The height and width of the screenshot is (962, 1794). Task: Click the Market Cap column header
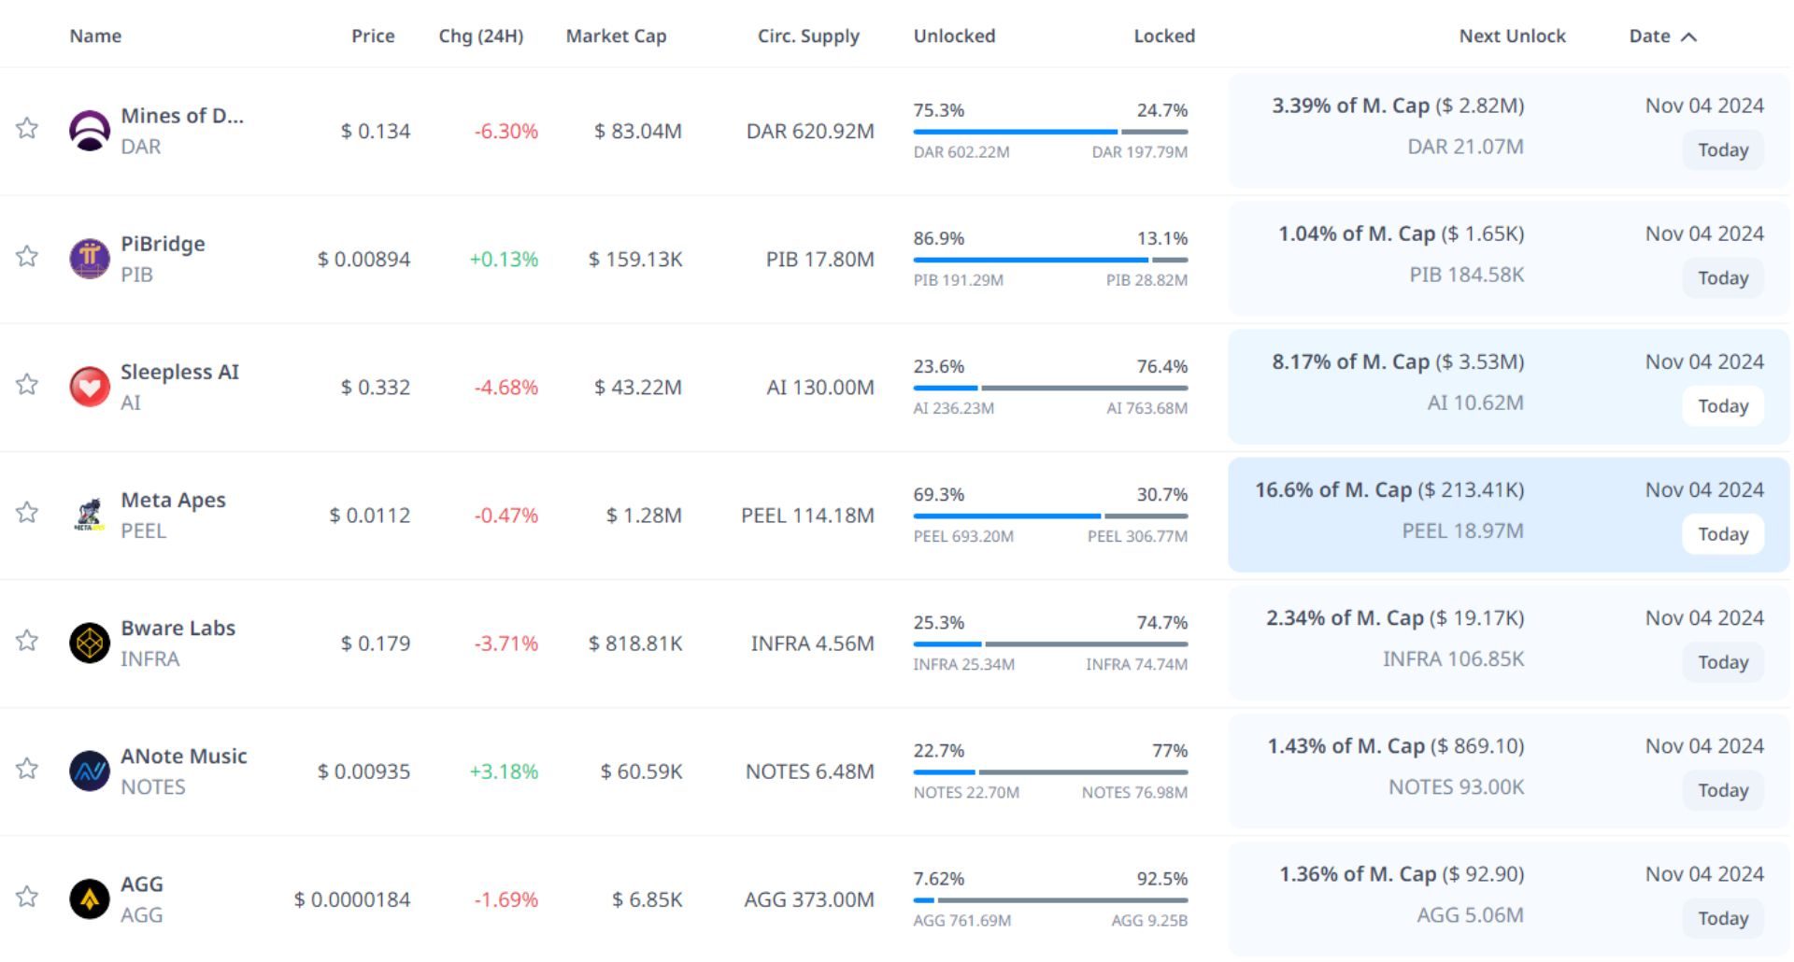[x=616, y=36]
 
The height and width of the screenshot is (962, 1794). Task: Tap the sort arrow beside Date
[x=1688, y=37]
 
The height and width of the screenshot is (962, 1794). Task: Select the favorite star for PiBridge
[x=27, y=257]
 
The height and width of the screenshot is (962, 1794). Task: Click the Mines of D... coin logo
[x=90, y=130]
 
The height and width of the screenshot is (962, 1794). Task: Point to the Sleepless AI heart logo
[x=90, y=387]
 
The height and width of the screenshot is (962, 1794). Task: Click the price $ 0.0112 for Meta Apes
[x=370, y=516]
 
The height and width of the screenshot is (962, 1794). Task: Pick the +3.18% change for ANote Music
[x=504, y=771]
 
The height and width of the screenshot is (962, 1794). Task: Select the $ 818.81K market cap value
[x=635, y=644]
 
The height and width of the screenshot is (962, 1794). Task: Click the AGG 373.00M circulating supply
[x=809, y=899]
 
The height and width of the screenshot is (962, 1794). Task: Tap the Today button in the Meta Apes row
[x=1723, y=534]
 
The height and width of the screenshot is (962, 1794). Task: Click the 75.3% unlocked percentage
[x=938, y=110]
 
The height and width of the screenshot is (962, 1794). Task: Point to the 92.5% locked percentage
[x=1161, y=879]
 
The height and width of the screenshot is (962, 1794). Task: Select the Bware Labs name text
[x=178, y=629]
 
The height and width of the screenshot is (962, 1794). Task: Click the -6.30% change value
[x=505, y=132]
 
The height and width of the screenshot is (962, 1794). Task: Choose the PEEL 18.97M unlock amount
[x=1462, y=531]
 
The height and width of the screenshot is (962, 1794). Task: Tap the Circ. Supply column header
[x=808, y=36]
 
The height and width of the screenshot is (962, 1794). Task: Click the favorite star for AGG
[x=27, y=898]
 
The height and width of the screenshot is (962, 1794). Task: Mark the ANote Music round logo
[x=90, y=771]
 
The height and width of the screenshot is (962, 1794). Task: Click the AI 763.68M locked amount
[x=1146, y=408]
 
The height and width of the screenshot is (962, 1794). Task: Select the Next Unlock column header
[x=1512, y=36]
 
